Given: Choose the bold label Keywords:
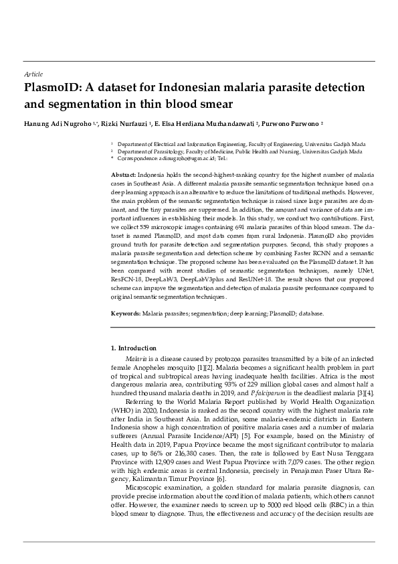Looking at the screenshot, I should tap(126, 313).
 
